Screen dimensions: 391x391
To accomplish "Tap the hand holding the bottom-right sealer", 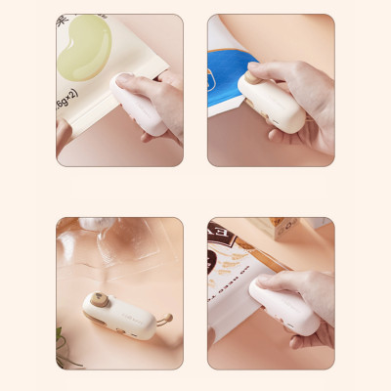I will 308,293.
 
